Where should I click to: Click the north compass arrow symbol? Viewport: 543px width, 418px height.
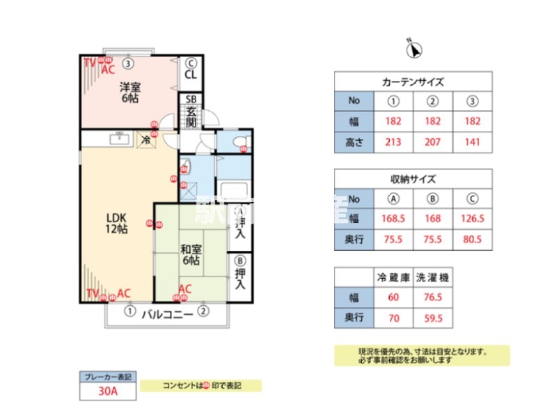[x=415, y=49]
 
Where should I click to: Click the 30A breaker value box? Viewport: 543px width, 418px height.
[x=107, y=392]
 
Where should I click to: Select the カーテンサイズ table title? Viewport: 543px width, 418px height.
[x=413, y=82]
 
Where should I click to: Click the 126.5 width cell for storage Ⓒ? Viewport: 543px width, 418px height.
[x=473, y=218]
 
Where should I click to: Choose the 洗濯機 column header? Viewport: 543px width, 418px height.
[x=432, y=277]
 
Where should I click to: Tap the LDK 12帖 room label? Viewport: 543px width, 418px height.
[x=116, y=222]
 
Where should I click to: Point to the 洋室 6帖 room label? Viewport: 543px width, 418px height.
[x=129, y=93]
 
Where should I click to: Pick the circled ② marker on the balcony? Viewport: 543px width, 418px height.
[x=203, y=311]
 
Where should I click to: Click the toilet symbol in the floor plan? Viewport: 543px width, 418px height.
[x=239, y=144]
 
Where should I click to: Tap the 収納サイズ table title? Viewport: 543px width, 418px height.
[x=413, y=179]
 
